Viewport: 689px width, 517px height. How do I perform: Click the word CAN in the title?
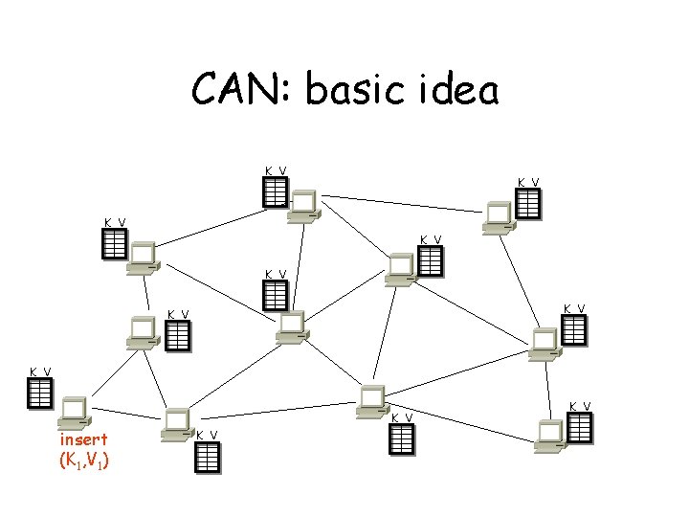point(241,91)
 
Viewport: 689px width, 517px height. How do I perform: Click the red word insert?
point(83,440)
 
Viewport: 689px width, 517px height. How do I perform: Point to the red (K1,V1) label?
point(83,461)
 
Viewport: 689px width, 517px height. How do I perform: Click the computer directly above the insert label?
point(74,412)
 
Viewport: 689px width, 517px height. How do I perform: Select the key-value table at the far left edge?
point(39,393)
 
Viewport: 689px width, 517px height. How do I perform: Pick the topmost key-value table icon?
point(275,192)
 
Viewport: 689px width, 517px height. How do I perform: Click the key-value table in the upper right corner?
point(528,204)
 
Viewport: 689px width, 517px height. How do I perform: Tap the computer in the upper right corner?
point(499,218)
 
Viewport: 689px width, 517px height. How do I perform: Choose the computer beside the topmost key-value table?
point(305,206)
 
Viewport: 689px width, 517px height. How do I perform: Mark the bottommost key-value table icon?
point(208,457)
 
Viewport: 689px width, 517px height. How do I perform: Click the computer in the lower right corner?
point(551,434)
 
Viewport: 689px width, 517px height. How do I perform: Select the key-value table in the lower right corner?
point(580,427)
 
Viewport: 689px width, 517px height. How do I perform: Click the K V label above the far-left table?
point(39,371)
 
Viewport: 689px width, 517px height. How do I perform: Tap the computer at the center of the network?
point(289,326)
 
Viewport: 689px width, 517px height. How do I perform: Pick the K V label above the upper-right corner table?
point(528,182)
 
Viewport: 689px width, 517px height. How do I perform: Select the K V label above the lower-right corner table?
point(580,406)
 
